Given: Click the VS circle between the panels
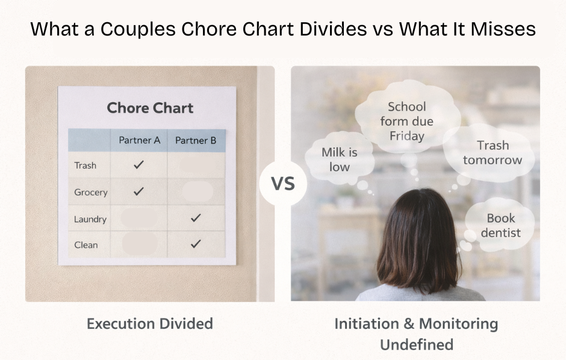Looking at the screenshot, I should (283, 183).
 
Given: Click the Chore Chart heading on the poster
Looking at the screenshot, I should (150, 108).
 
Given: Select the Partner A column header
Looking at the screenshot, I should (139, 140).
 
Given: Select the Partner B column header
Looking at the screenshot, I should (196, 140).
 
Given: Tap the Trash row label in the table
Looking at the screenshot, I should (85, 166).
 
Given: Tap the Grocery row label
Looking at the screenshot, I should (90, 193).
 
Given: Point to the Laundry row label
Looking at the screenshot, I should (90, 219).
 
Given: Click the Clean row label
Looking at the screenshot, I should (86, 245).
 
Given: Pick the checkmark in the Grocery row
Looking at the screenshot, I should (138, 191).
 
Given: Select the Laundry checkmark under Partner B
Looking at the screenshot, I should (195, 218).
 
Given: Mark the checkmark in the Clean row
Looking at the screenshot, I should (195, 244).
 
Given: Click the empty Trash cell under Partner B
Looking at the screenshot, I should (196, 165).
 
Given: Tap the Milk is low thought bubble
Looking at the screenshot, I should (339, 160).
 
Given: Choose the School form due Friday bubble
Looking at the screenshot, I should (406, 122).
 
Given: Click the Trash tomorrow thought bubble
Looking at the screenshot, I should (492, 153).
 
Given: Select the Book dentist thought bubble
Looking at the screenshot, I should (500, 225).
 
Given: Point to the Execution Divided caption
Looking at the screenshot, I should (149, 324).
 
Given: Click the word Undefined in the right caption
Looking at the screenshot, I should (416, 345).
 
